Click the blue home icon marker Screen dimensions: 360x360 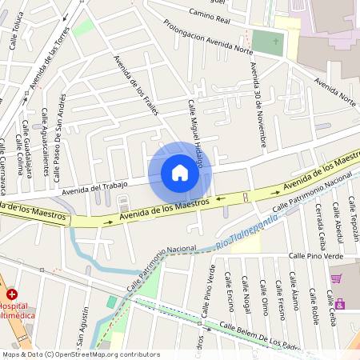pos(180,173)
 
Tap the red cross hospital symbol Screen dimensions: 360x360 pos(11,294)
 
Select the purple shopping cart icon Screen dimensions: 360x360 pos(337,278)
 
